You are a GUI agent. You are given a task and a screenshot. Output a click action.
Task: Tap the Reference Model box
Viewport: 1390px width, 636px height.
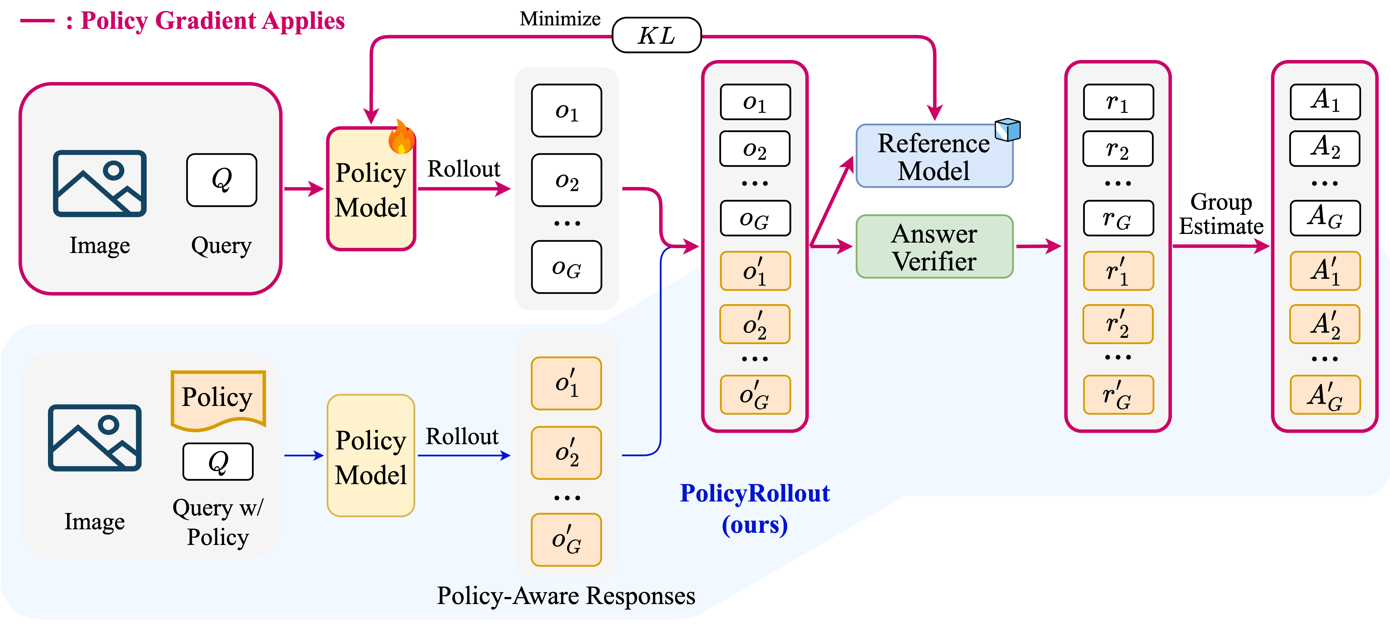[934, 156]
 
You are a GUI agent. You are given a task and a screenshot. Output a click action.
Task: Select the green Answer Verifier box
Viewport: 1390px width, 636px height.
[934, 246]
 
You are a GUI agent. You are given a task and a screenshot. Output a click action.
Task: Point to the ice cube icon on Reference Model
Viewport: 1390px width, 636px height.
[1007, 130]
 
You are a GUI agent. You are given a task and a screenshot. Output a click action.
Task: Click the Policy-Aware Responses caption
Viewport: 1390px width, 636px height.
[565, 596]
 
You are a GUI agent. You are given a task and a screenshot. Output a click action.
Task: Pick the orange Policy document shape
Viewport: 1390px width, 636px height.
[218, 400]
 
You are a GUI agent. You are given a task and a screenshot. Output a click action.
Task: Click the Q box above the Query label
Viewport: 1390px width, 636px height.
[221, 180]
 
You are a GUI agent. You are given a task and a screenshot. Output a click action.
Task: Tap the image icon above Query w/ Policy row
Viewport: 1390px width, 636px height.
[95, 438]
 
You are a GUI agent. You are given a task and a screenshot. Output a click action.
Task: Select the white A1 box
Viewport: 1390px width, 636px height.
[1325, 101]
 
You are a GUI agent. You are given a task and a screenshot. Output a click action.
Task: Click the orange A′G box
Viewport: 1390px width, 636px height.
[1325, 395]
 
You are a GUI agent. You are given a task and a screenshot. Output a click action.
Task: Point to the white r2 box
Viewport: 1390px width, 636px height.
[1118, 149]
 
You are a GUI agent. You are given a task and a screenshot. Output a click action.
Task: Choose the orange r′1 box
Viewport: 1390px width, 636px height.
[1118, 271]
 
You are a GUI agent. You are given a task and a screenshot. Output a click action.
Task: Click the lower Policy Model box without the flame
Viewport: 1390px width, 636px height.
[371, 456]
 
